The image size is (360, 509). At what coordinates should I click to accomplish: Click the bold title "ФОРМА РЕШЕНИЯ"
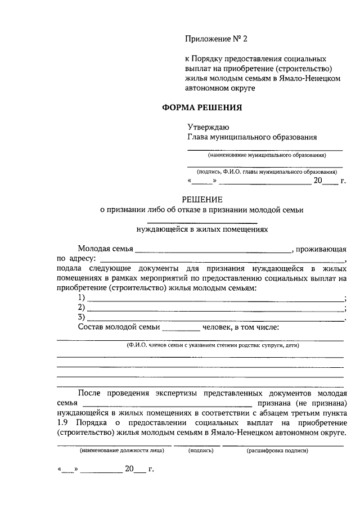click(x=202, y=107)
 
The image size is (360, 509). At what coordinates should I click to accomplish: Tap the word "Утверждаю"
click(x=208, y=128)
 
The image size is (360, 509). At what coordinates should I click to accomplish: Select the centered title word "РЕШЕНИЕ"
click(x=202, y=199)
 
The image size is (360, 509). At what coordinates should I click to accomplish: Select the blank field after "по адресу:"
click(x=222, y=260)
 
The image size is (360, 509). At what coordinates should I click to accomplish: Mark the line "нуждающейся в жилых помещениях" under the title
click(x=202, y=229)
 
